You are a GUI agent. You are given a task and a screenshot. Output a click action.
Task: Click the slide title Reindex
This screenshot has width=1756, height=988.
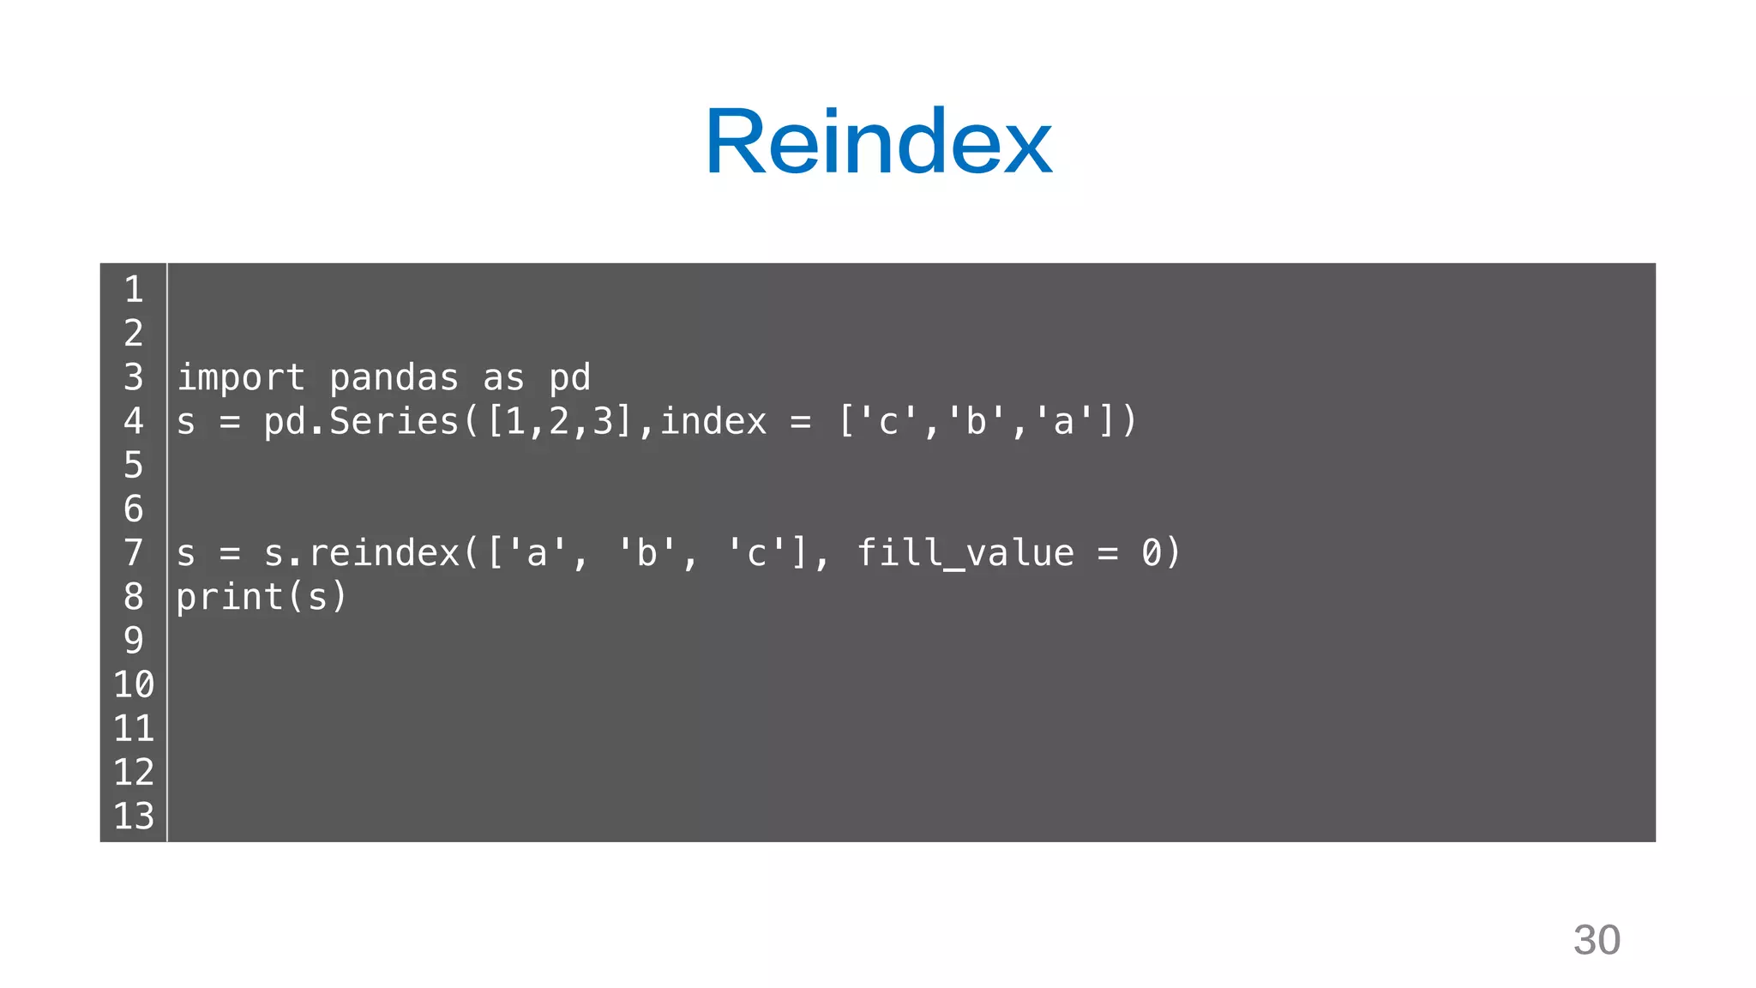point(878,142)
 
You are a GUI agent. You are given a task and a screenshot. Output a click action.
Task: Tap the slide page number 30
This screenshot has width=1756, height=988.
point(1597,940)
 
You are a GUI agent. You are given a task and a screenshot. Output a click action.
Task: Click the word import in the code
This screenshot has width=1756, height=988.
point(240,378)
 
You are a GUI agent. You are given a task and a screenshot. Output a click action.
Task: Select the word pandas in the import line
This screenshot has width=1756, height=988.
point(394,378)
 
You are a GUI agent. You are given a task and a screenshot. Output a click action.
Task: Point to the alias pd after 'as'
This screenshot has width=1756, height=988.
point(569,378)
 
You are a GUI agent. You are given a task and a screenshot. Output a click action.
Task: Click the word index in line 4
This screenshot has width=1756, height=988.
point(713,422)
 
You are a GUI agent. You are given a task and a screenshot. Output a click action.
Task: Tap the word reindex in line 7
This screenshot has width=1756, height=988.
point(383,553)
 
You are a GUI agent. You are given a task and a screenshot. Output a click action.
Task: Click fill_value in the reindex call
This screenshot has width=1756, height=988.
point(965,553)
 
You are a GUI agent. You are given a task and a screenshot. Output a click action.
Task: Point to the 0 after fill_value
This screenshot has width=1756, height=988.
point(1151,553)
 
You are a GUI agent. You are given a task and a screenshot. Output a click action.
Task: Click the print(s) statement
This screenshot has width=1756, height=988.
point(262,597)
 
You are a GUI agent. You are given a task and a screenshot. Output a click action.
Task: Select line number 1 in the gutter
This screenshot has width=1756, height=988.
point(133,290)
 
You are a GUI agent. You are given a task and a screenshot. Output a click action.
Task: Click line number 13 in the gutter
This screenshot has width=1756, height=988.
point(133,816)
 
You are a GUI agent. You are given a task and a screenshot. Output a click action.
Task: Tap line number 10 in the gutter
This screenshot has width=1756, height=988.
point(133,685)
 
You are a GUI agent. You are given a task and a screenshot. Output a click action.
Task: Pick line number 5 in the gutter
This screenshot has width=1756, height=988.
point(133,466)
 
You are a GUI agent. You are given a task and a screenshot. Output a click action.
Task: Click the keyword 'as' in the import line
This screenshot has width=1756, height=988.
point(503,378)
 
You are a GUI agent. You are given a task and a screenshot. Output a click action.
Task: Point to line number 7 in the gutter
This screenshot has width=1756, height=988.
point(133,553)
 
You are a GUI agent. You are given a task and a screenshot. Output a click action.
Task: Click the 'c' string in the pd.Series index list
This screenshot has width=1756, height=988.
point(888,422)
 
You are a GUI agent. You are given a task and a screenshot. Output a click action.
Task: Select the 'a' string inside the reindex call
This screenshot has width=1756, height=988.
point(537,553)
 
